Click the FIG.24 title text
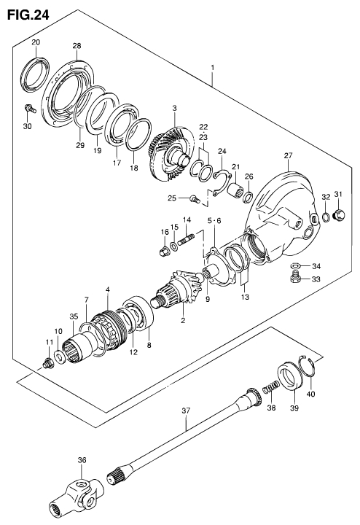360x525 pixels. [28, 15]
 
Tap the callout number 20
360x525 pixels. [36, 42]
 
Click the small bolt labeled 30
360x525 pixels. [30, 109]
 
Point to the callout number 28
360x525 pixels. [77, 46]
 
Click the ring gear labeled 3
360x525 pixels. [171, 154]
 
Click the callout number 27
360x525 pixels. [288, 155]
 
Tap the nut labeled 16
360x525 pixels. [164, 251]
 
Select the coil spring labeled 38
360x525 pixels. [271, 388]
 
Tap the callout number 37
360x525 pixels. [186, 410]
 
